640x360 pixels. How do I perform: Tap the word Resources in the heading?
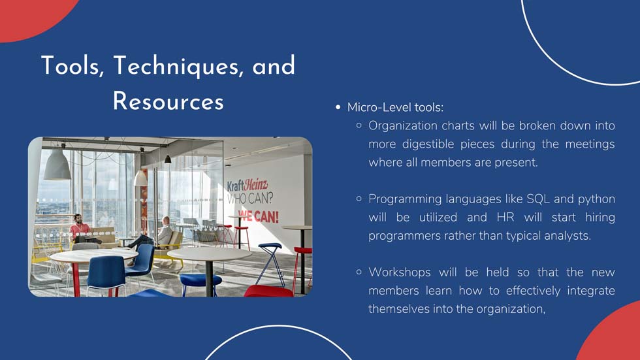click(168, 101)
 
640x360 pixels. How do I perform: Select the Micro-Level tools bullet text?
click(395, 107)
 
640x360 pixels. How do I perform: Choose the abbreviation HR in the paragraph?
click(505, 217)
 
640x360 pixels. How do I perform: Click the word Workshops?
click(399, 272)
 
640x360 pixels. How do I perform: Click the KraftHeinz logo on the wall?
click(248, 186)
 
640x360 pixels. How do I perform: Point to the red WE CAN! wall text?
click(259, 216)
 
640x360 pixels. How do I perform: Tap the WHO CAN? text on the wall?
click(250, 199)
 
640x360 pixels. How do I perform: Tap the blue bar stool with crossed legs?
click(270, 264)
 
